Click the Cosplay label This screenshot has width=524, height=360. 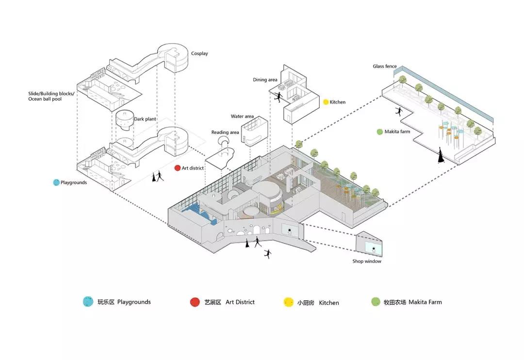pos(199,53)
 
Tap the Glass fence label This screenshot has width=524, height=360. pos(385,66)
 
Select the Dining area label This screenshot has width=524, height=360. pos(265,80)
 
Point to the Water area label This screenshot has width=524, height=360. pos(242,116)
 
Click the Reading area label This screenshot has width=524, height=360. pos(225,132)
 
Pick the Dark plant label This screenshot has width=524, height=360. pos(145,119)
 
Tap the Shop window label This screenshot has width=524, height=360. pos(367,261)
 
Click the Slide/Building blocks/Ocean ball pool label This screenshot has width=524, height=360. pos(51,96)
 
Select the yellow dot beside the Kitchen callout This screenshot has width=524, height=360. pos(326,102)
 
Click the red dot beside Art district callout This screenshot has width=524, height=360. pos(178,168)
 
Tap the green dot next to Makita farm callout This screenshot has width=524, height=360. pos(379,131)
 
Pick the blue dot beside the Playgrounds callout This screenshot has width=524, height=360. pos(56,182)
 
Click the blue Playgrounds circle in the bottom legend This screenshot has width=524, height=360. pos(88,301)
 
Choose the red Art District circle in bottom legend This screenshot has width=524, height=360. pos(195,302)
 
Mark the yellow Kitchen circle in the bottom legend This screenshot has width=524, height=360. pos(288,302)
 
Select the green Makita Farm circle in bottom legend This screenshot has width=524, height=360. pos(376,302)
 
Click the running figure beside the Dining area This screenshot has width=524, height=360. pos(278,97)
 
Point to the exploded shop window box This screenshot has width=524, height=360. pos(369,244)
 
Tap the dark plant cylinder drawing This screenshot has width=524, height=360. pos(125,120)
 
